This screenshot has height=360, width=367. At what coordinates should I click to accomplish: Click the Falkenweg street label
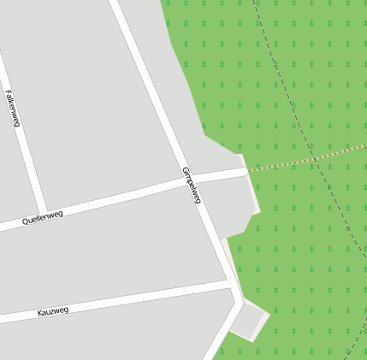(x=13, y=109)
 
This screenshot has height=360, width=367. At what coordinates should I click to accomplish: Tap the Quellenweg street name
(x=43, y=218)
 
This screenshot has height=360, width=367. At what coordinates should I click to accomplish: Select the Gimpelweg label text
(x=192, y=185)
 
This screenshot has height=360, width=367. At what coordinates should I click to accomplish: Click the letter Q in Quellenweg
(x=25, y=222)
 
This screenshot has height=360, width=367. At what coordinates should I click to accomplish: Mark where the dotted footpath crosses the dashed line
(x=316, y=157)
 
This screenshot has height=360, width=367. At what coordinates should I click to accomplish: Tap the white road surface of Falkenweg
(x=24, y=154)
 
